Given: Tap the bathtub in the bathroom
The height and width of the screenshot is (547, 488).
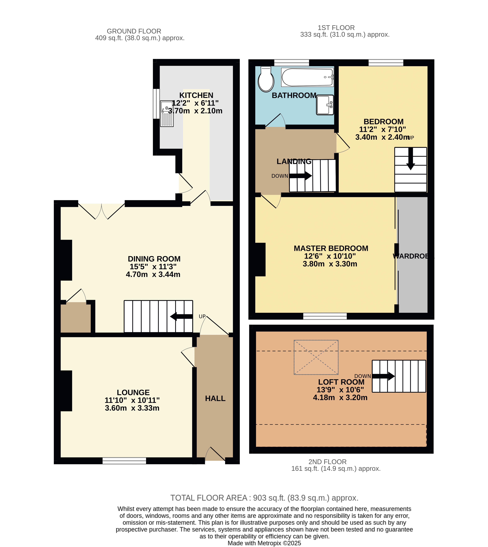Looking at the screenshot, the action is (307, 77).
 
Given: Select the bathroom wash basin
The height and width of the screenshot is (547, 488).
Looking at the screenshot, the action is (325, 105).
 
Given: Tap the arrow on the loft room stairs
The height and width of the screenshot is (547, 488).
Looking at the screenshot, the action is (383, 376).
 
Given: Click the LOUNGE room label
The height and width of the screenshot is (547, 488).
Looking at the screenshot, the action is (133, 392).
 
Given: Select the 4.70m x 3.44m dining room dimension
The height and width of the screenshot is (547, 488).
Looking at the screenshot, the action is (153, 274).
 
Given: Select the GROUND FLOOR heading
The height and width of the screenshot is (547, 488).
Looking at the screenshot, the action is (134, 31).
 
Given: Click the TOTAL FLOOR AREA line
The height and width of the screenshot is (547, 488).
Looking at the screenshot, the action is (264, 498).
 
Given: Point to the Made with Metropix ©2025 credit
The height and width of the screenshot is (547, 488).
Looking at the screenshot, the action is (264, 543).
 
